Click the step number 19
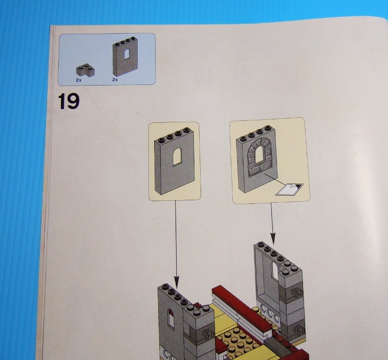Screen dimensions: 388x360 point(69,101)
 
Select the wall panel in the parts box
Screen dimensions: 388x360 point(125,56)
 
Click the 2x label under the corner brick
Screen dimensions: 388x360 point(79,80)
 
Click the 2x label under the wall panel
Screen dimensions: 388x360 point(115,80)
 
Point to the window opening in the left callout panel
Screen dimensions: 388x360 point(177,156)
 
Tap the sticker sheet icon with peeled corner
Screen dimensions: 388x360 point(290,189)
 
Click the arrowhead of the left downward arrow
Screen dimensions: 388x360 point(177,282)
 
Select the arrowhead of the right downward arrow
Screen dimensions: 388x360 point(273,239)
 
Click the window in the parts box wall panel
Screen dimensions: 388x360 point(127,54)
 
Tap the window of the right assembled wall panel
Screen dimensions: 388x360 point(274,270)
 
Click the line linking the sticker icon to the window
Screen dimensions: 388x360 point(276,179)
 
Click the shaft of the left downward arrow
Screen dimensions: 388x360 point(176,239)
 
